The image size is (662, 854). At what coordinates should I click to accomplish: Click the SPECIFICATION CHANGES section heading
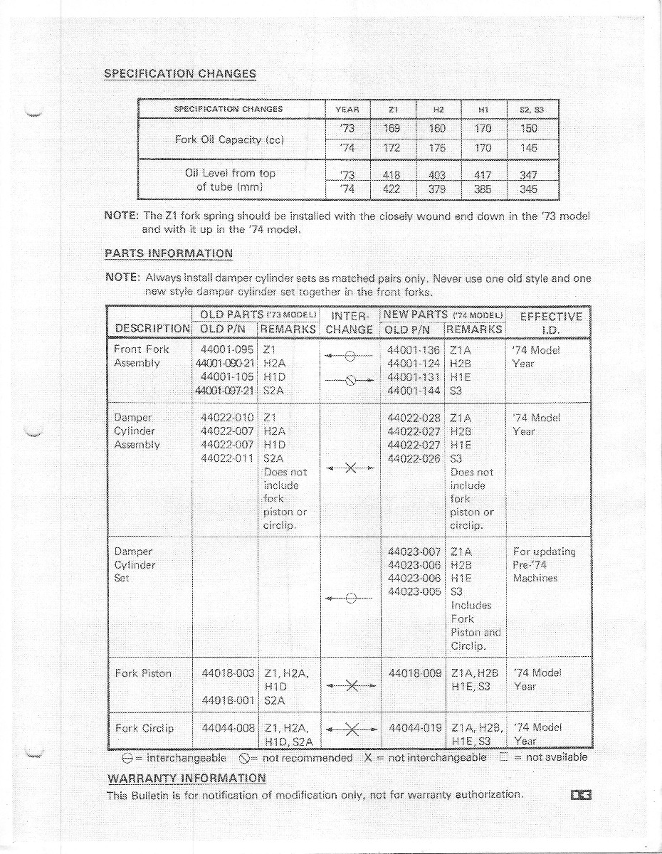tap(180, 73)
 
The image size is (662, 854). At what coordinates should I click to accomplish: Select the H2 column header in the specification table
tap(438, 109)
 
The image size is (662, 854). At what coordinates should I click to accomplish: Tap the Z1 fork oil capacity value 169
tap(391, 129)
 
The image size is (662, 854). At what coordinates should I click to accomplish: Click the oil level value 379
tap(438, 189)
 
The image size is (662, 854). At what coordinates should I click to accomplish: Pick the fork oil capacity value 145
tap(528, 148)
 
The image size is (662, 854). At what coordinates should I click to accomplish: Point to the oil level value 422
tap(391, 189)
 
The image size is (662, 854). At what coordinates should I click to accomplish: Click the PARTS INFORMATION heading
tap(169, 253)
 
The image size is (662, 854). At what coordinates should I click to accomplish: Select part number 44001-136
tap(414, 350)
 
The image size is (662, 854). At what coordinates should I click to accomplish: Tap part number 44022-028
tap(414, 418)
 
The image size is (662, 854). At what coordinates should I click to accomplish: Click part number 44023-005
tap(414, 591)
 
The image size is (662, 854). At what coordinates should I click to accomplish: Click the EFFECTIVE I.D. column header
tap(551, 323)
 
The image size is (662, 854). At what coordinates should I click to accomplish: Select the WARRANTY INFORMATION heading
tap(186, 778)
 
